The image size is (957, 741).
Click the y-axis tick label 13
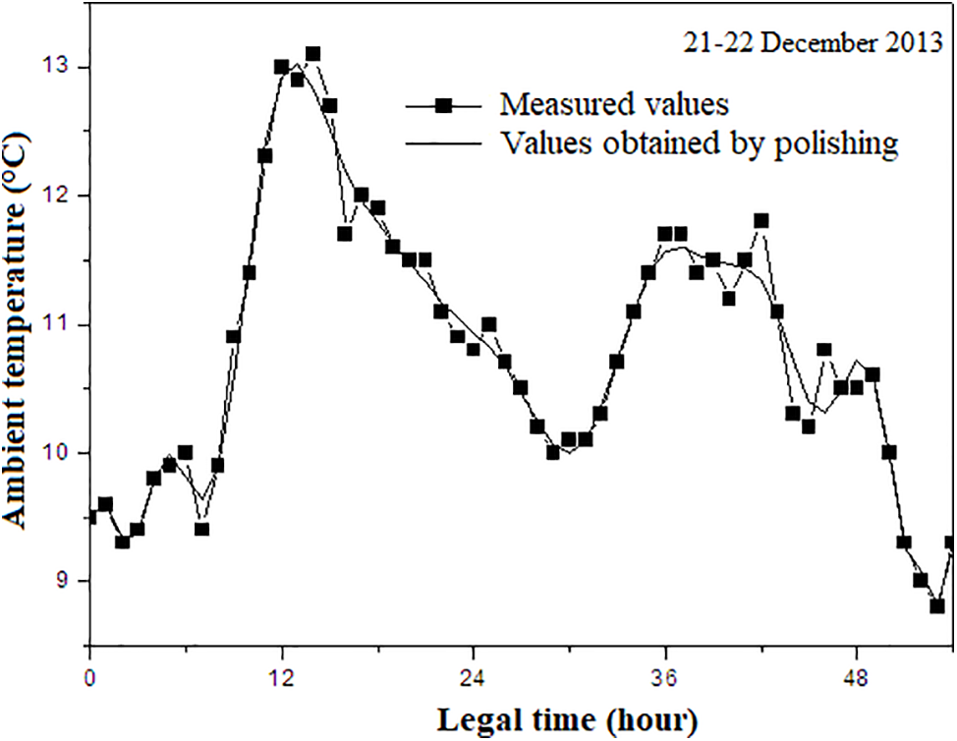pyautogui.click(x=64, y=67)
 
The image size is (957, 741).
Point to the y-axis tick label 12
pyautogui.click(x=64, y=196)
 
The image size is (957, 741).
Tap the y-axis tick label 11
pyautogui.click(x=64, y=324)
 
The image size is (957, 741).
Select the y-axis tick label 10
pyautogui.click(x=64, y=453)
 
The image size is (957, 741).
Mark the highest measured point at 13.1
pyautogui.click(x=313, y=54)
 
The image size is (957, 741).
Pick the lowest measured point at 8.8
pyautogui.click(x=937, y=606)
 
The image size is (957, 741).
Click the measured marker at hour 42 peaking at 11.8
pyautogui.click(x=760, y=221)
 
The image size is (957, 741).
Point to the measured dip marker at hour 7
pyautogui.click(x=201, y=530)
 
